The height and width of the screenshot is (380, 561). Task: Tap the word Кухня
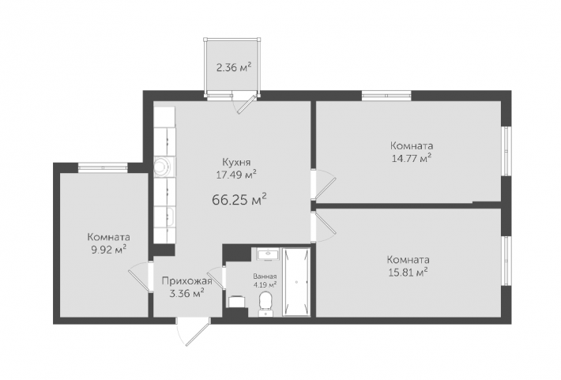[x=236, y=162]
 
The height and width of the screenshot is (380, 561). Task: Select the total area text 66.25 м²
[x=239, y=199]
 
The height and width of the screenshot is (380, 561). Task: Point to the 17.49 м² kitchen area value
[x=236, y=175]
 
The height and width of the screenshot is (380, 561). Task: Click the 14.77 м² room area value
[x=412, y=158]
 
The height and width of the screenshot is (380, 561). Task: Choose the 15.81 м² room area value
[x=409, y=273]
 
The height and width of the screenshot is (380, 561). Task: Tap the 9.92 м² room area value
[x=109, y=250]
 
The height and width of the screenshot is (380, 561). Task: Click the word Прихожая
[x=186, y=281]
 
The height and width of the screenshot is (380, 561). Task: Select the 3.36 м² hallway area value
[x=186, y=294]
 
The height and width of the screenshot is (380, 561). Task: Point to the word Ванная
[x=265, y=277]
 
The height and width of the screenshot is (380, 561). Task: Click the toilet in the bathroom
[x=265, y=304]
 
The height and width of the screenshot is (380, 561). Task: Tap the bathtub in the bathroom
[x=296, y=282]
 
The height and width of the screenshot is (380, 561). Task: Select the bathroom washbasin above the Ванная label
[x=267, y=254]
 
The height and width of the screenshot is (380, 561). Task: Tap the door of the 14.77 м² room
[x=323, y=184]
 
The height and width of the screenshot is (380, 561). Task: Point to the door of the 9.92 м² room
[x=139, y=277]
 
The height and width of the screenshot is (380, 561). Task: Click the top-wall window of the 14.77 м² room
[x=386, y=95]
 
